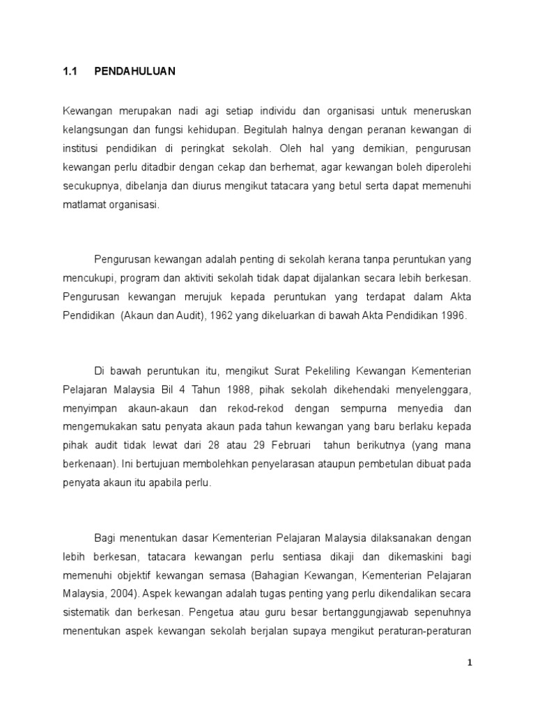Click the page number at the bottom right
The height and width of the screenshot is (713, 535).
point(470,663)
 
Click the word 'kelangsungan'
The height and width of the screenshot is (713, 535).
point(94,130)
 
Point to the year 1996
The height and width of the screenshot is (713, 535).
point(453,315)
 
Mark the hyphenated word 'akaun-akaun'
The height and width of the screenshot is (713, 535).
point(166,407)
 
